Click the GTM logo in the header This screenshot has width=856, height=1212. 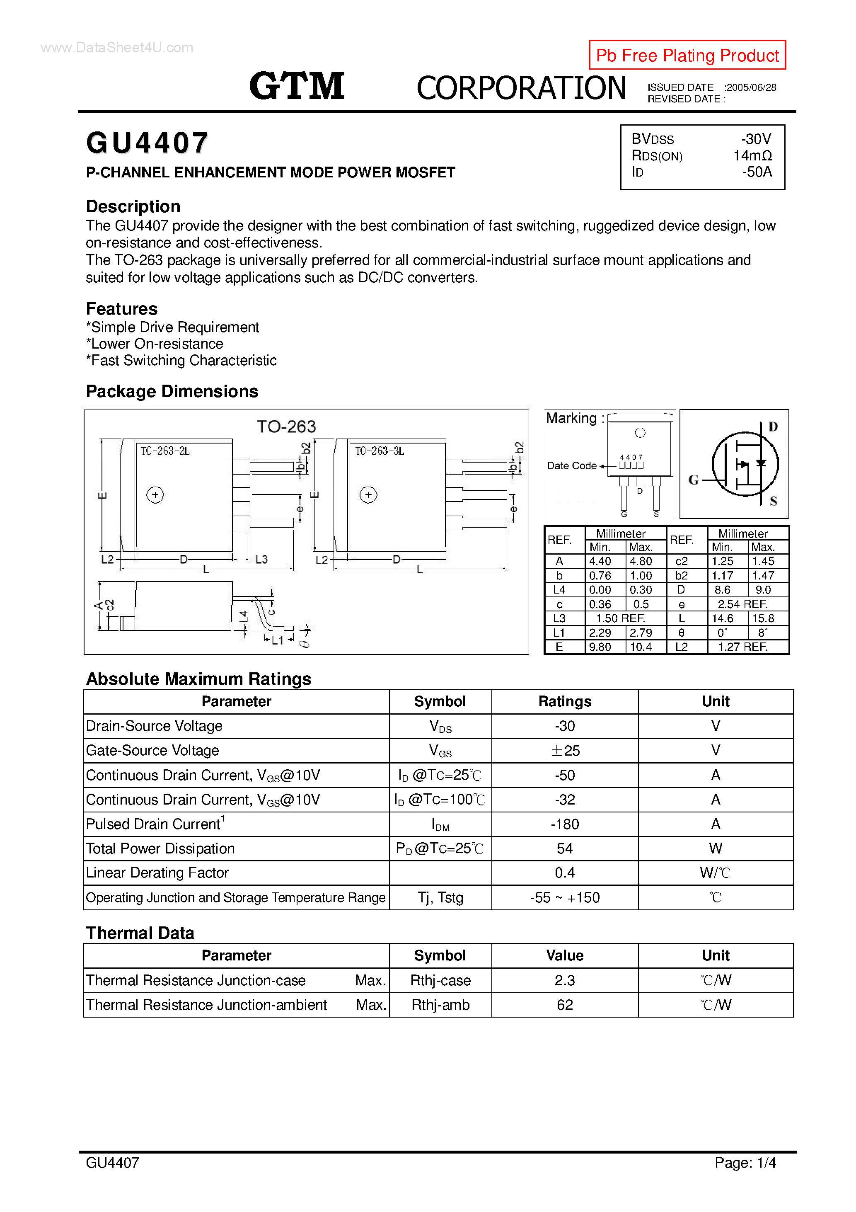[297, 86]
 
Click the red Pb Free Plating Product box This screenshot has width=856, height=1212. [687, 55]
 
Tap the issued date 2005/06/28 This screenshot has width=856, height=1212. [751, 87]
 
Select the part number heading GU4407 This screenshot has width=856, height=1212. [147, 143]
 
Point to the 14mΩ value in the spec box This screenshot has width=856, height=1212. [752, 156]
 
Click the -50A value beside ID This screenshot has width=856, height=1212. [757, 172]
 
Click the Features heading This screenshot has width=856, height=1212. [121, 309]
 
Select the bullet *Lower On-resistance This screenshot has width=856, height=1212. [155, 344]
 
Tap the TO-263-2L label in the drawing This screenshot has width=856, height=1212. [164, 451]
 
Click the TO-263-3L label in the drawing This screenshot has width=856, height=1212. [379, 451]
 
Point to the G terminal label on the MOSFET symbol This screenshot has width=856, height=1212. [693, 480]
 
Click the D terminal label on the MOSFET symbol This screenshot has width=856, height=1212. [773, 427]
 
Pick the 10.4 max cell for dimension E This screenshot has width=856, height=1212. [641, 647]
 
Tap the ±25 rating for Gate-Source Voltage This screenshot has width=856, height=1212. [565, 751]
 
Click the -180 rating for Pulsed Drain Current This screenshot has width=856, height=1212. [565, 824]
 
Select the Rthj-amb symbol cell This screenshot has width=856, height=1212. [440, 1005]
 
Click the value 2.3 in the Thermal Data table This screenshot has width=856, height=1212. [565, 980]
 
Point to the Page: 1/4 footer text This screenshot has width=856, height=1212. [745, 1162]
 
